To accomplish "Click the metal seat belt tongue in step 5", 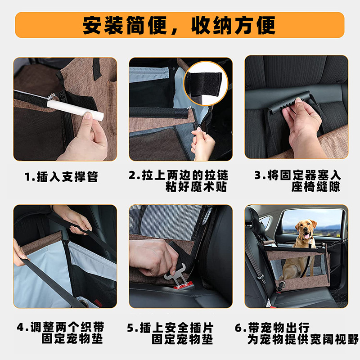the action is pos(175,274).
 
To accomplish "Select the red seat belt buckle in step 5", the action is pos(183,285).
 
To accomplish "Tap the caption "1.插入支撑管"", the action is pos(61,177).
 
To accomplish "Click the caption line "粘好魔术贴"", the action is pos(196,187).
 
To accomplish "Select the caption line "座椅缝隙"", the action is pos(316,187).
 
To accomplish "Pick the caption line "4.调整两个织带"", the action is pos(61,327).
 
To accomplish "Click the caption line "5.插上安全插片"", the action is pos(171,328).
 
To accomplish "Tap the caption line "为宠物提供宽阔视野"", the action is pos(303,339).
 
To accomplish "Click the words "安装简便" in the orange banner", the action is pos(125,25).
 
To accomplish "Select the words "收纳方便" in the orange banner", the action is pos(233,25).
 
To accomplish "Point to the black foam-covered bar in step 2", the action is pos(159,113).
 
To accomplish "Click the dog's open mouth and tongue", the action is pos(306,236).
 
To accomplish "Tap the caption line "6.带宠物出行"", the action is pos(272,328).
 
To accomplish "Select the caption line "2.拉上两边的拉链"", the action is pos(178,175).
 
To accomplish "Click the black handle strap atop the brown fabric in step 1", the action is pos(96,68).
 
